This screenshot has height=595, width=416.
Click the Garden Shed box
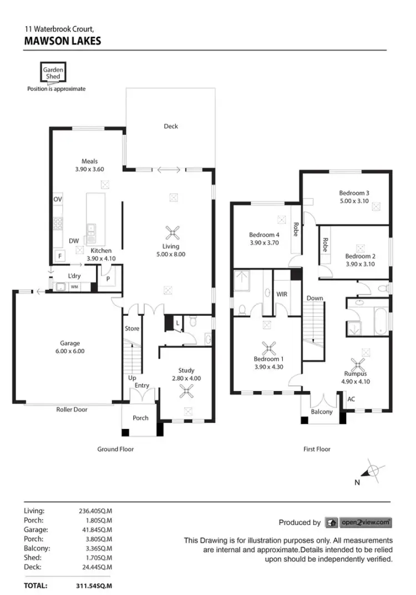[x=54, y=73]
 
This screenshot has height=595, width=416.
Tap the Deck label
[x=171, y=127]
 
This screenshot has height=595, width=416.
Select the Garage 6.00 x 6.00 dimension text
[x=70, y=351]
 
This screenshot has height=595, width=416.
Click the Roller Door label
[x=72, y=410]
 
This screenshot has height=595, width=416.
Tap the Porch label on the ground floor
[x=141, y=418]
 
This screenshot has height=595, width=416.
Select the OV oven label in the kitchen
[x=58, y=199]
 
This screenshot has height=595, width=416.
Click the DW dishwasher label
[x=74, y=241]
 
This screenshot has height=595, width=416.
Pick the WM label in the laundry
[x=74, y=287]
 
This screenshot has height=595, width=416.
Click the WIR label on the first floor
[x=282, y=294]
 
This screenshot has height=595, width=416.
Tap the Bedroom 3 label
[x=354, y=193]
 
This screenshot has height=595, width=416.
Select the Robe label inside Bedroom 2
[x=325, y=245]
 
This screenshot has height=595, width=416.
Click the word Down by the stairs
[x=314, y=298]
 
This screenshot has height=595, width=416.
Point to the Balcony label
[x=322, y=412]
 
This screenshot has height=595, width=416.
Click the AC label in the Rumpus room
[x=351, y=399]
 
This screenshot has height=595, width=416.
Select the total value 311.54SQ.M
[x=94, y=586]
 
